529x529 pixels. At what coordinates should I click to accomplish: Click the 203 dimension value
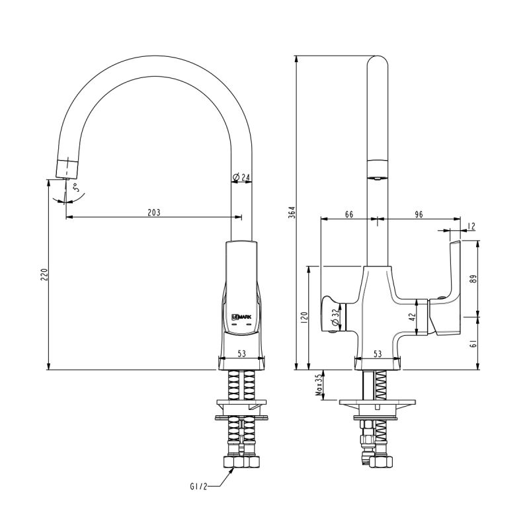pyautogui.click(x=154, y=212)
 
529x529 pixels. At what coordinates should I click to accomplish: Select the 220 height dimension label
pyautogui.click(x=44, y=275)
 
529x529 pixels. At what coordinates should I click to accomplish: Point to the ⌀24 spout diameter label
pyautogui.click(x=241, y=177)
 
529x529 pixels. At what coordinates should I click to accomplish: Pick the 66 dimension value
pyautogui.click(x=349, y=214)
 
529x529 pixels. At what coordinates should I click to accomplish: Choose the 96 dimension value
pyautogui.click(x=418, y=214)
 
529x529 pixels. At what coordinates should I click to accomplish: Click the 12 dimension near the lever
pyautogui.click(x=471, y=226)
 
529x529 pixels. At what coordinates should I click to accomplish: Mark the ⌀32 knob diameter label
pyautogui.click(x=336, y=319)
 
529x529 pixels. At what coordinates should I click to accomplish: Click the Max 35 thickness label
pyautogui.click(x=319, y=385)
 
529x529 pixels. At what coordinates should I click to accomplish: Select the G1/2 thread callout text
pyautogui.click(x=198, y=487)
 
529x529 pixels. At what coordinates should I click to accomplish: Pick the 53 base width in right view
pyautogui.click(x=378, y=354)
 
